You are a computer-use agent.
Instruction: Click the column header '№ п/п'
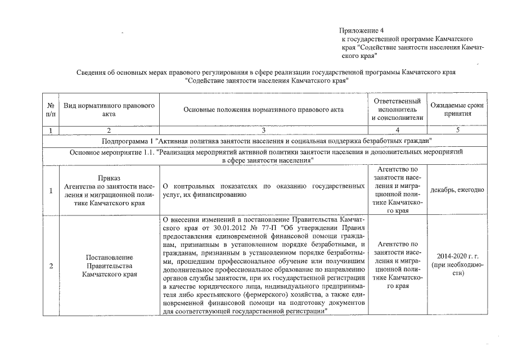click(x=51, y=110)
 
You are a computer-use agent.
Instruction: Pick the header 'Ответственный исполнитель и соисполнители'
click(x=397, y=110)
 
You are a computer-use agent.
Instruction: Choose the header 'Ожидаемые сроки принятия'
click(x=457, y=110)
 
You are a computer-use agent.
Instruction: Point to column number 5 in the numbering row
click(x=457, y=130)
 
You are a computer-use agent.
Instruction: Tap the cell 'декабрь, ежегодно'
click(x=457, y=190)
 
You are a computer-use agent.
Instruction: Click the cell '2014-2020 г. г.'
click(x=457, y=255)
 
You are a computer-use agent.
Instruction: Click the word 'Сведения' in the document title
click(x=92, y=73)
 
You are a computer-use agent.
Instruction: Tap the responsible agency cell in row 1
click(x=397, y=190)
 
